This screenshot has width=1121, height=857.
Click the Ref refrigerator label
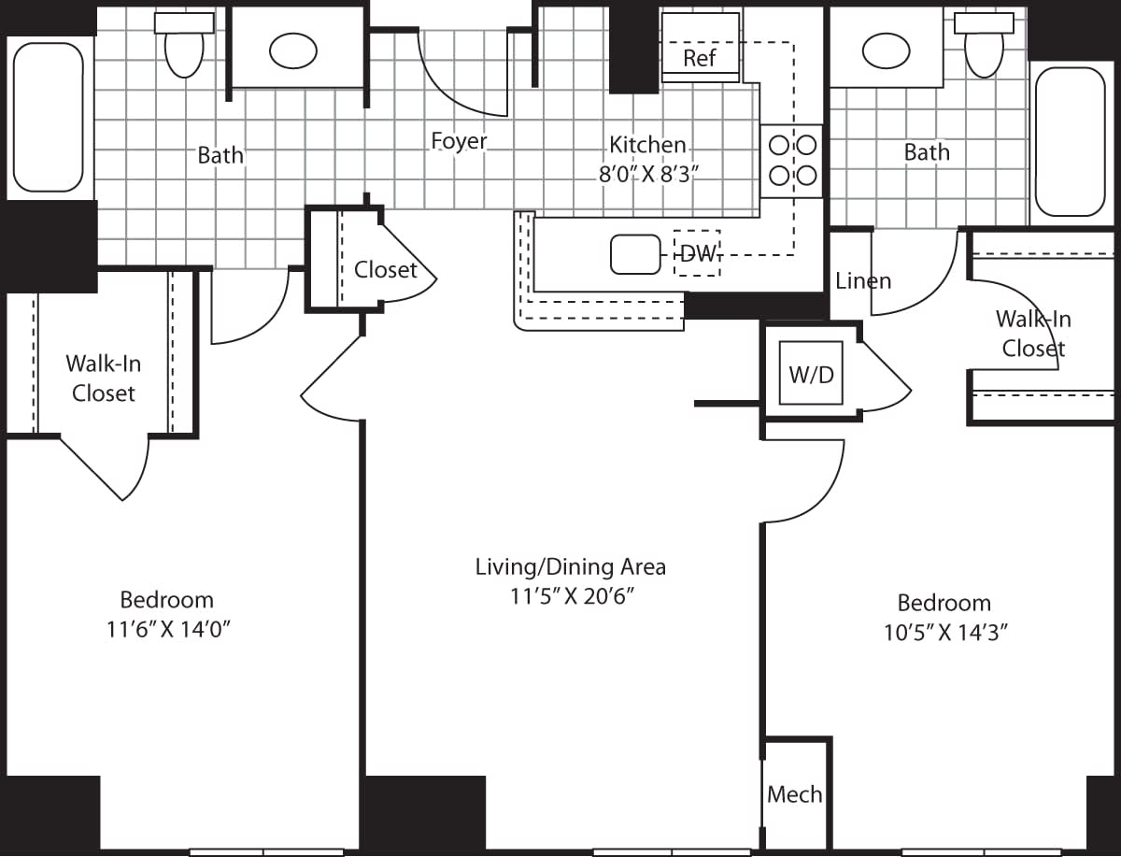(x=699, y=58)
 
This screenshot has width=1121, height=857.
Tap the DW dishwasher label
(x=697, y=253)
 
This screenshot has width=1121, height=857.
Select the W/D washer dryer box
(x=811, y=375)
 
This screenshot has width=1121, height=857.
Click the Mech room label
(x=795, y=794)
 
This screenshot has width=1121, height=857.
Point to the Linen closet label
(x=863, y=280)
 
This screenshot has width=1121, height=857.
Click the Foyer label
(x=459, y=141)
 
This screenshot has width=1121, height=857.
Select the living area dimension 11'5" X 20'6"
(x=570, y=596)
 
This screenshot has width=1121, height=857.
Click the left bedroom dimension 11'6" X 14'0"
(x=168, y=629)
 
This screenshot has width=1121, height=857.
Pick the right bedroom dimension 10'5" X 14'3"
(x=944, y=632)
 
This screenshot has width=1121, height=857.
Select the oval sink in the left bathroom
(x=293, y=50)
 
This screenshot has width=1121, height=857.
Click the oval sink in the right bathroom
(x=886, y=50)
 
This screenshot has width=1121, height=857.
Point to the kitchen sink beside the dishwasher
(x=635, y=254)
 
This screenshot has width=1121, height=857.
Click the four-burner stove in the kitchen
(x=791, y=161)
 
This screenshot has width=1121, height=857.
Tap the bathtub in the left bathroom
(x=49, y=117)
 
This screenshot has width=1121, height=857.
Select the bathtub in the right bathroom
(x=1070, y=140)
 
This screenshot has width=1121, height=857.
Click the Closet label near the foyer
(x=385, y=270)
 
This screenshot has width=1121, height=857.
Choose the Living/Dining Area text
(x=570, y=566)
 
